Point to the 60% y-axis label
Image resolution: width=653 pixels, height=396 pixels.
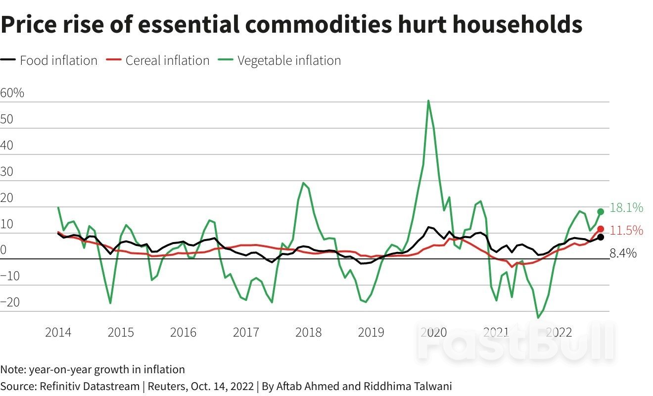[12, 93]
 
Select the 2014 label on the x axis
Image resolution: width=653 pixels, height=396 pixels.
[58, 332]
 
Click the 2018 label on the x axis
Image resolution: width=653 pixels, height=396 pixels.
[308, 332]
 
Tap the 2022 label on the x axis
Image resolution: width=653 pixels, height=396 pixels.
[559, 332]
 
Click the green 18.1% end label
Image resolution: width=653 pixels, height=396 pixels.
[626, 208]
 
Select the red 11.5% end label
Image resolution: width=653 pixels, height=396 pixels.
[626, 230]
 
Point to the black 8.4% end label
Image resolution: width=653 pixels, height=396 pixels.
[623, 253]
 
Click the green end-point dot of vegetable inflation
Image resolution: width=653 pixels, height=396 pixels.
[601, 211]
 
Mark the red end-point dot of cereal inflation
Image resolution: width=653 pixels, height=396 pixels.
[601, 229]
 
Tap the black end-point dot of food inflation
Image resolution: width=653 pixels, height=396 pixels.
[601, 237]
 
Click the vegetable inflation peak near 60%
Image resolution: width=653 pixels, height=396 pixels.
[428, 101]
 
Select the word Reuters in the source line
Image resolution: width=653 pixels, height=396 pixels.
[166, 386]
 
